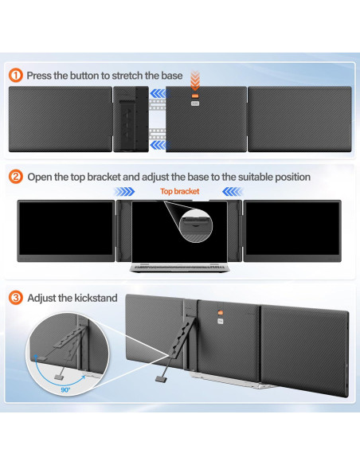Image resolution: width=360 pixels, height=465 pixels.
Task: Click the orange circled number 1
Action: (16, 76)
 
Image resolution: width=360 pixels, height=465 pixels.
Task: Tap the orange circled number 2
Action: (16, 177)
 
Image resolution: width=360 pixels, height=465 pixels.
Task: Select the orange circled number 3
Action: (16, 298)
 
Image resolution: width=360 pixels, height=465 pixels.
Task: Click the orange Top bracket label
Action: (180, 191)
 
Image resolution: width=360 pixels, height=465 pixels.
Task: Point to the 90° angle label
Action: (65, 389)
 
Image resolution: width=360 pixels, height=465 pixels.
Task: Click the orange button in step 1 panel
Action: (195, 96)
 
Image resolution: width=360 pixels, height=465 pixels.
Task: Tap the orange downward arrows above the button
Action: (195, 80)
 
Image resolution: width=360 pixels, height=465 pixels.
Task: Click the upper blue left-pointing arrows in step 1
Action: (158, 94)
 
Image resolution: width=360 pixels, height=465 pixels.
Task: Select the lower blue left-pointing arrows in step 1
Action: (158, 145)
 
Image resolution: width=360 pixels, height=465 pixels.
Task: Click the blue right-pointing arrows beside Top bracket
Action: (124, 192)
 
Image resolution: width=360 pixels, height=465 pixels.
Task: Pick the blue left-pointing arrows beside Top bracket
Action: (233, 192)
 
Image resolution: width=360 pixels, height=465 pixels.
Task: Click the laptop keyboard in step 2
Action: (179, 268)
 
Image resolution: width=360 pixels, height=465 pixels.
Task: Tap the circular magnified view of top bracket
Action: (196, 225)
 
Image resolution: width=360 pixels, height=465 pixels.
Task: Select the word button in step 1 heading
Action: (84, 76)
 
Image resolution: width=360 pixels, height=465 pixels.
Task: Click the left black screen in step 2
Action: (66, 228)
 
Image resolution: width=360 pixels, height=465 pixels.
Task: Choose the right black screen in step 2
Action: (292, 228)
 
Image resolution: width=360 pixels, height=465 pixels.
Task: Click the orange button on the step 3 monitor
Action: (221, 313)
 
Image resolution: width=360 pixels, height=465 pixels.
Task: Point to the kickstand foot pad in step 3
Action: (161, 378)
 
